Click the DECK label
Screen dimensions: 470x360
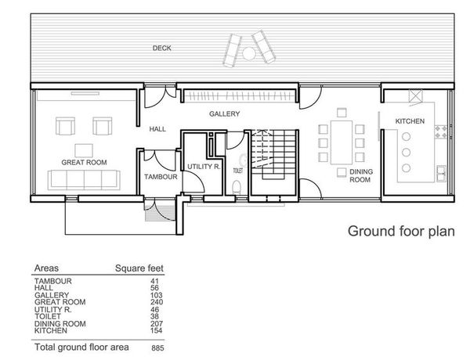162,48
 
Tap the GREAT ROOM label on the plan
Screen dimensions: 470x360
84,162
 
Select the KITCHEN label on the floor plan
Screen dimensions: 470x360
410,121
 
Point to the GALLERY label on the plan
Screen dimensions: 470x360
225,113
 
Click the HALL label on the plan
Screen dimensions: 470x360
157,129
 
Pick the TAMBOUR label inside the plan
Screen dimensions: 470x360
161,177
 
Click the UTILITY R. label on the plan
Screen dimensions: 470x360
204,167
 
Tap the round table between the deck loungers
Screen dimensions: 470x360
249,54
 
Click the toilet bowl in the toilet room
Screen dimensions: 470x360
237,188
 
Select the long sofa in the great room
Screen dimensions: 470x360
84,180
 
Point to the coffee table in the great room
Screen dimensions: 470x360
84,150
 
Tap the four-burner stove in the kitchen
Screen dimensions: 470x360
441,132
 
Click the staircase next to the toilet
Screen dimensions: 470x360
273,154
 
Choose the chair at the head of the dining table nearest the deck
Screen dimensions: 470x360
342,113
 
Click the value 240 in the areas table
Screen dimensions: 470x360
157,302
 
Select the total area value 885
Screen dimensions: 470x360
157,348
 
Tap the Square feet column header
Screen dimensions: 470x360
139,268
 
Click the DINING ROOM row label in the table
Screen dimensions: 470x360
60,324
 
